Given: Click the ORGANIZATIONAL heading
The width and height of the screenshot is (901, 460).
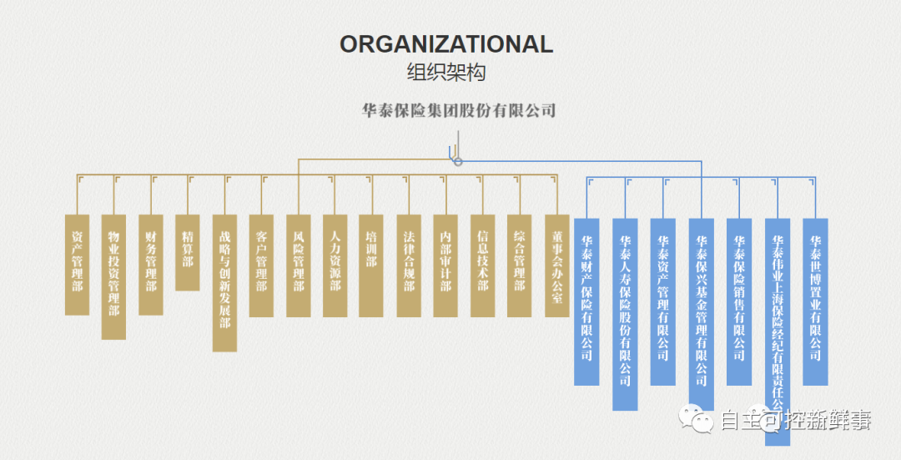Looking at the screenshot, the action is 446,44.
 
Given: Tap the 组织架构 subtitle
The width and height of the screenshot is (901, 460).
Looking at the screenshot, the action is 446,73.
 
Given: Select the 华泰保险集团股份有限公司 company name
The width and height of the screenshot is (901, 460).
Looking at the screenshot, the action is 459,110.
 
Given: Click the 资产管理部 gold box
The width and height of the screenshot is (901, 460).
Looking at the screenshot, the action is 78,264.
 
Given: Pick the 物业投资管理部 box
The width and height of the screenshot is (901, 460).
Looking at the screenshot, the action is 114,276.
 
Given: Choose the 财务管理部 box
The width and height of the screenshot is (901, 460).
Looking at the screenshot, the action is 151,264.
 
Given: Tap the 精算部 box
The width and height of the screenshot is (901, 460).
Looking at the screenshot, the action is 188,252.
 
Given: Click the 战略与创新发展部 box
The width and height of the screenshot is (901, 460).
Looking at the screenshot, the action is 224,282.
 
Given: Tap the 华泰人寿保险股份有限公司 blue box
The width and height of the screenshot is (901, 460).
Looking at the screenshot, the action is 626,314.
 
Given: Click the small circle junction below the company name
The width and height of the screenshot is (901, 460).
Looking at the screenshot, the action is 457,161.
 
